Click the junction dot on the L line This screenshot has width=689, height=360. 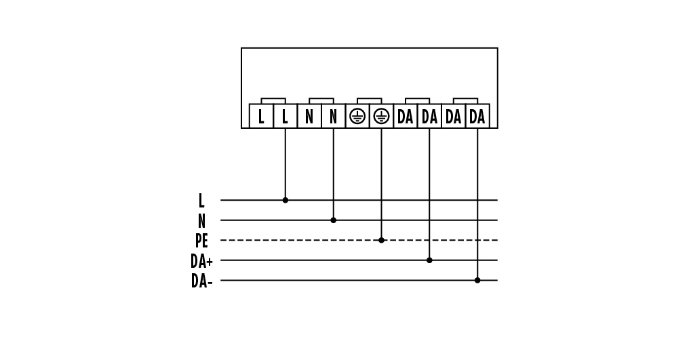coord(285,200)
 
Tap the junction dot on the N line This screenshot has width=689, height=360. coord(333,220)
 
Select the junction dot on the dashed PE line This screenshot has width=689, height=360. coord(381,240)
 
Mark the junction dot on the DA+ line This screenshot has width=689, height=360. coord(429,260)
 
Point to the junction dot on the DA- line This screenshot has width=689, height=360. coord(477,280)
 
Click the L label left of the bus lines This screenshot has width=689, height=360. coord(201,201)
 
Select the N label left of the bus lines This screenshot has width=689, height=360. coord(201,221)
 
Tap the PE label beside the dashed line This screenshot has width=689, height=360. coord(201,241)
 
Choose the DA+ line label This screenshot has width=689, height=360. coord(201,261)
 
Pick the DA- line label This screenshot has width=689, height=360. coord(201,281)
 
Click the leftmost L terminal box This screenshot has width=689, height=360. coord(261,117)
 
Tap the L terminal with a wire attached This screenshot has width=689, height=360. coord(285,117)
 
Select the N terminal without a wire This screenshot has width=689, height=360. coord(309,117)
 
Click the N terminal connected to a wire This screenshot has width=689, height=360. coord(333,117)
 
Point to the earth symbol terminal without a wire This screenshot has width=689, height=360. coord(357,117)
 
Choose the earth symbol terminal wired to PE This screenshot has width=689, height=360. coord(381,117)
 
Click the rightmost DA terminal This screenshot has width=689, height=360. coord(477,117)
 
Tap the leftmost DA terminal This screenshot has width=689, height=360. coord(406,117)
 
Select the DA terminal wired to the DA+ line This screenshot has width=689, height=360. coord(429,117)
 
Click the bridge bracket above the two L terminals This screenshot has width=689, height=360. coord(273,100)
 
